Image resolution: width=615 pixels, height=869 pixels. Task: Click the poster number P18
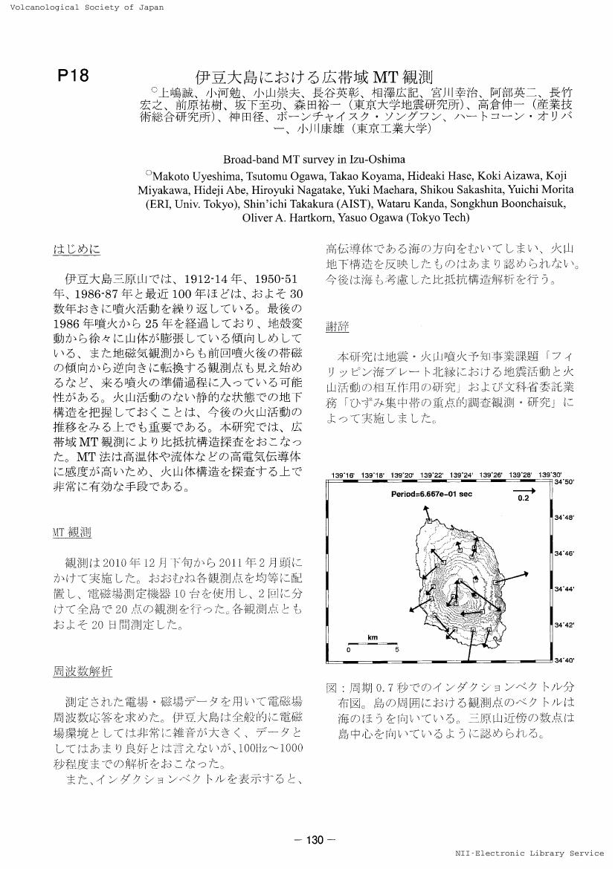(73, 76)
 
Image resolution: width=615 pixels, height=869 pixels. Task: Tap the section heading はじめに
(77, 249)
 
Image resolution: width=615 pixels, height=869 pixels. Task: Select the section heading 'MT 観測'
(72, 532)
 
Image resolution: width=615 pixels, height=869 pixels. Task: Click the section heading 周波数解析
(83, 671)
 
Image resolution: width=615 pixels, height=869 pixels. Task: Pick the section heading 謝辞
(338, 327)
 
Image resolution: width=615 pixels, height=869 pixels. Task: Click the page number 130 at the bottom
(315, 840)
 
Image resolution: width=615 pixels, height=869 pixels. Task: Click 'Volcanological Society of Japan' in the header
(82, 7)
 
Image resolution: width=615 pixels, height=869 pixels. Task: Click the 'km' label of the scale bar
(372, 637)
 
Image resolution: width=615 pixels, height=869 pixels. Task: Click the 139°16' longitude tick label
(341, 475)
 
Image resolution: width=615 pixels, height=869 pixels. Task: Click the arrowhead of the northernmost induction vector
(427, 507)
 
